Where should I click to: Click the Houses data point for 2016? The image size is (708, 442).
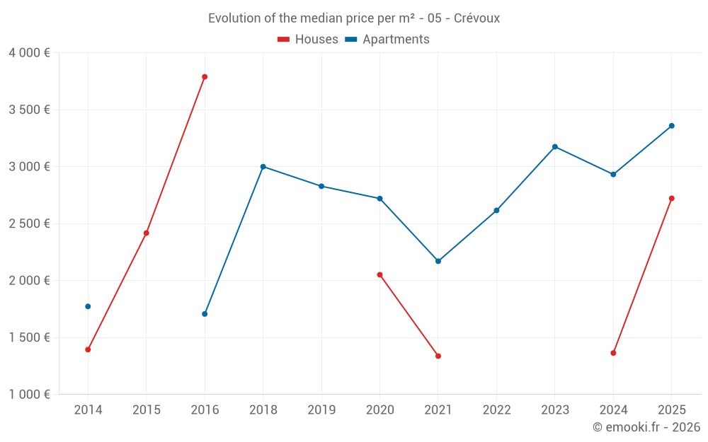click(205, 77)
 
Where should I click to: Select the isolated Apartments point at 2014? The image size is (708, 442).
click(88, 306)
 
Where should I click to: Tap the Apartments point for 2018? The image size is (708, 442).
click(263, 167)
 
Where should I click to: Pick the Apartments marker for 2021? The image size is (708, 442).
click(438, 261)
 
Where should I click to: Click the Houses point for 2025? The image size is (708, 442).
click(671, 198)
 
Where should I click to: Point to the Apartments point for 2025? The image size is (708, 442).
click(671, 126)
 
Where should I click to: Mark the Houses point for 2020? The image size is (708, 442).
click(379, 274)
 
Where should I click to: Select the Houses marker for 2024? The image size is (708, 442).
click(613, 353)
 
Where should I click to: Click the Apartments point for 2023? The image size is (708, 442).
click(554, 147)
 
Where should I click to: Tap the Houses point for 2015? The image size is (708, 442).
click(147, 233)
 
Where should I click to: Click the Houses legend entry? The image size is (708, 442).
click(308, 40)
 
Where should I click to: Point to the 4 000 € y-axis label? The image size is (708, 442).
click(29, 53)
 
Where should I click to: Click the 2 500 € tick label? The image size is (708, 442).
click(29, 223)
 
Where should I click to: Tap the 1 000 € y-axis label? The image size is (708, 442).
click(29, 395)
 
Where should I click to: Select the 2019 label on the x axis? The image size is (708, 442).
click(321, 410)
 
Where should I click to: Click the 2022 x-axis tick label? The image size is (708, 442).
click(496, 410)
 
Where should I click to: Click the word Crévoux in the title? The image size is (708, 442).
click(476, 18)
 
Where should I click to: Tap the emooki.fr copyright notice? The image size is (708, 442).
click(646, 427)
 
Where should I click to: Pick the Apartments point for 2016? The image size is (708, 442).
click(205, 314)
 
